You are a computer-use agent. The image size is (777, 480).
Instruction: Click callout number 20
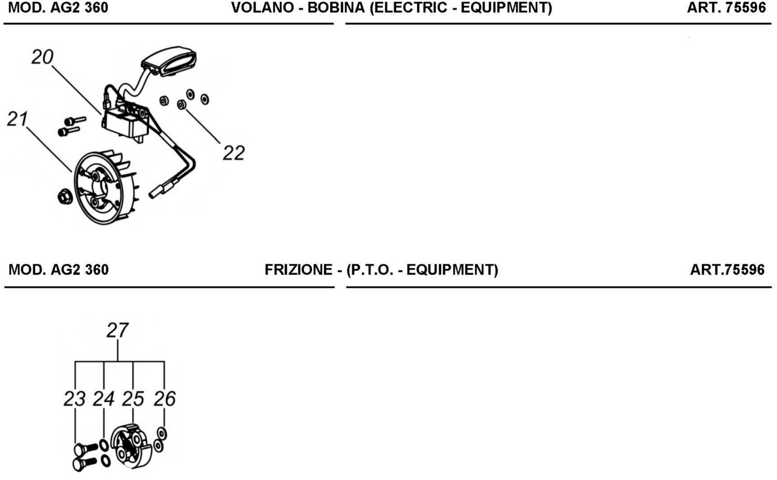click(x=42, y=57)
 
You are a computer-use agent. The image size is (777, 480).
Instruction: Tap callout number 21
click(x=17, y=119)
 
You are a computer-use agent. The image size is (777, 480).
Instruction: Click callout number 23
click(x=75, y=399)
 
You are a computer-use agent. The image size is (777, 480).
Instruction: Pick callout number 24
click(x=103, y=399)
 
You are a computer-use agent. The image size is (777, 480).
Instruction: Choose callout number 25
click(x=133, y=399)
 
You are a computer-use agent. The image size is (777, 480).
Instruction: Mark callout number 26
click(x=165, y=399)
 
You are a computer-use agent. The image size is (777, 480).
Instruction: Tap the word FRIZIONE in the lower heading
click(x=298, y=270)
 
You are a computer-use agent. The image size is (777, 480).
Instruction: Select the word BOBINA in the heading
click(x=336, y=8)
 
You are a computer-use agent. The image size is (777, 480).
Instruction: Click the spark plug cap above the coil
click(x=169, y=61)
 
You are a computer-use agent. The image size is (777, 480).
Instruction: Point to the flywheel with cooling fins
click(x=105, y=187)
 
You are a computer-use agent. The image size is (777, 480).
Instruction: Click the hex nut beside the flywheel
click(x=65, y=197)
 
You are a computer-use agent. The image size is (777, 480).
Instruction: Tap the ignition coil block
click(x=125, y=122)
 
